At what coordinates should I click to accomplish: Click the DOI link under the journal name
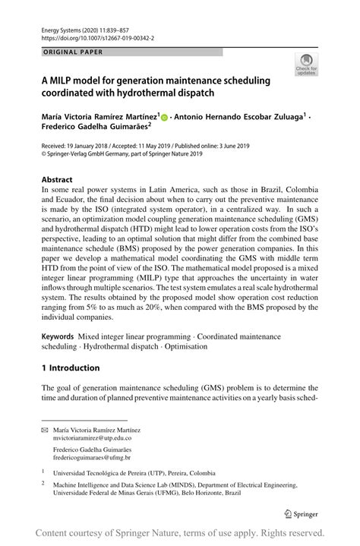point(89,36)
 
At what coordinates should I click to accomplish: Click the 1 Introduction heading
point(70,368)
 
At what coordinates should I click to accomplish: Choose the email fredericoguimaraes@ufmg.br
point(91,458)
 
